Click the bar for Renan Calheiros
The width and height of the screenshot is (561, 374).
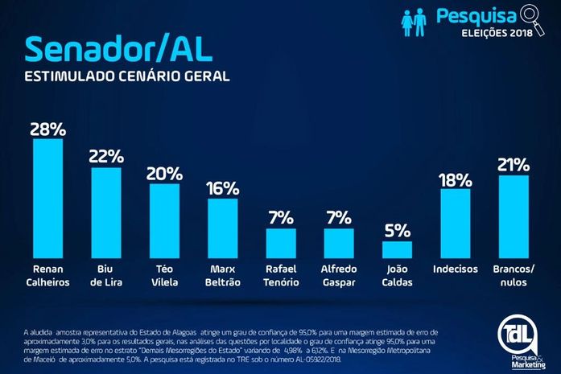(x=47, y=197)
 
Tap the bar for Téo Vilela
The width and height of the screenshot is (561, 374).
(x=164, y=220)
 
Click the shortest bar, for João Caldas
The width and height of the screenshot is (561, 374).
(x=397, y=249)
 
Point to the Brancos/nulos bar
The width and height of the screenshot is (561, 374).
(x=514, y=216)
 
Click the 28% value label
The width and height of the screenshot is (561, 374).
(x=47, y=129)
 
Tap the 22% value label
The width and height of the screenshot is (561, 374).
(x=106, y=158)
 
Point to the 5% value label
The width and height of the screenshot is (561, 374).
(x=397, y=231)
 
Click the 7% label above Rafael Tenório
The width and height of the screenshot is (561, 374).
(x=281, y=218)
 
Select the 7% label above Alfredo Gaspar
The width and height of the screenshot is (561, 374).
(x=339, y=218)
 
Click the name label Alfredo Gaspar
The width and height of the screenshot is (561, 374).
(x=339, y=275)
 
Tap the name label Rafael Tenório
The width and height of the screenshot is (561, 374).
(x=281, y=275)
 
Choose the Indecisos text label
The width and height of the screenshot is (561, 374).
(x=455, y=269)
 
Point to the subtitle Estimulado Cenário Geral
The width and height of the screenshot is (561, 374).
(x=126, y=78)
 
